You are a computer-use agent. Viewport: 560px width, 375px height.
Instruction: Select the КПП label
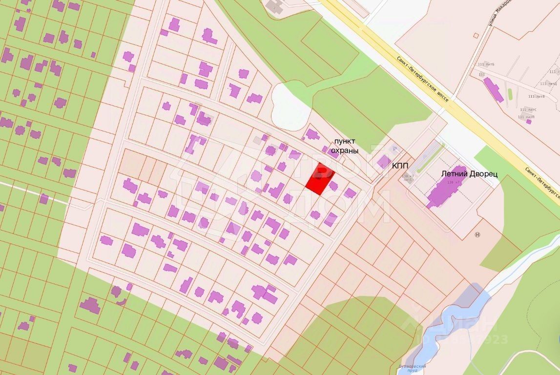pyautogui.click(x=400, y=166)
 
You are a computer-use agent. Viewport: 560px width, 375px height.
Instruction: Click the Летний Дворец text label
pyautogui.click(x=469, y=173)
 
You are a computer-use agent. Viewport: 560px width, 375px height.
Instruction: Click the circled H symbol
pyautogui.click(x=477, y=234)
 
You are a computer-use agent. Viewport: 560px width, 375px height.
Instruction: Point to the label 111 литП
pyautogui.click(x=526, y=117)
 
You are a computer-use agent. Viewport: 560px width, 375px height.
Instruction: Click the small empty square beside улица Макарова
pyautogui.click(x=476, y=35)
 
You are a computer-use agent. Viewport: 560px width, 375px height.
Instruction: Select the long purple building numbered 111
pyautogui.click(x=493, y=90)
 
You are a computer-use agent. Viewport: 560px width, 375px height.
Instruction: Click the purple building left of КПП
pyautogui.click(x=384, y=161)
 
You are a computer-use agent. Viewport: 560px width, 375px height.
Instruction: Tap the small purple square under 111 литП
pyautogui.click(x=529, y=122)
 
